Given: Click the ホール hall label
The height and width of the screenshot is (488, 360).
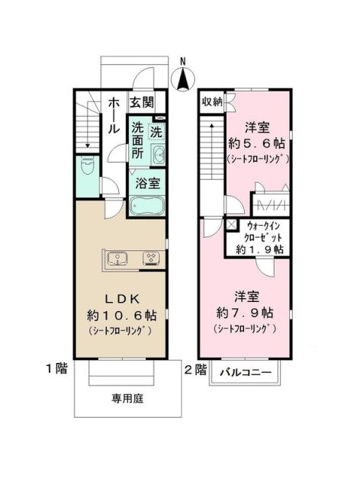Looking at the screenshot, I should click(112, 115).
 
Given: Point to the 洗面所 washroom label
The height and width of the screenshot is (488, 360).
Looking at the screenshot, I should click(137, 140).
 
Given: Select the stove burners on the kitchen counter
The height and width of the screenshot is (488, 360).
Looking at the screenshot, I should click(151, 257).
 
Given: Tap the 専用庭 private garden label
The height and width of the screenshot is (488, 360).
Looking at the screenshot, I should click(127, 397).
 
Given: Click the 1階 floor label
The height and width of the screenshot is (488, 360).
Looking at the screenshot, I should click(56, 370).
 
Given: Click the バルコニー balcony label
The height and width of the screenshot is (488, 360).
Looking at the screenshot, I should click(246, 373).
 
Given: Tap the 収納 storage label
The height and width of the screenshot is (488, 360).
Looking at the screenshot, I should click(211, 102).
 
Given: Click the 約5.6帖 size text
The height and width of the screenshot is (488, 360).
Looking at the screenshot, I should click(256, 142).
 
